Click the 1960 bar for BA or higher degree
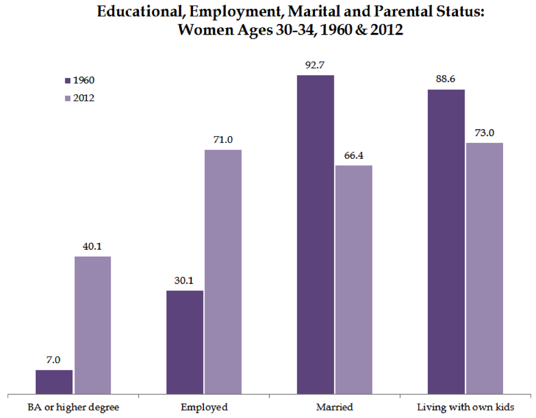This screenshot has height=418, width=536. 54,382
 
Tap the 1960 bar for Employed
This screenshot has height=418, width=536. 185,342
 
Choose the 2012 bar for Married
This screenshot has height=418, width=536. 353,280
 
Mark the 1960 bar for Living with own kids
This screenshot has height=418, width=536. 446,242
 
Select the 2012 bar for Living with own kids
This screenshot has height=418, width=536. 484,268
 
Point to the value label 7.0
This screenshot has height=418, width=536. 54,360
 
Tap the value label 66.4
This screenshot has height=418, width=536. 353,156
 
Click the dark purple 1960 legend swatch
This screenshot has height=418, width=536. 67,81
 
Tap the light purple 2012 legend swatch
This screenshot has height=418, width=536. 67,99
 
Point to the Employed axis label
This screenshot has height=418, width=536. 204,408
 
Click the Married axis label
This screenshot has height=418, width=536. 334,408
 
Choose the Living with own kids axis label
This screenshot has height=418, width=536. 465,408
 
